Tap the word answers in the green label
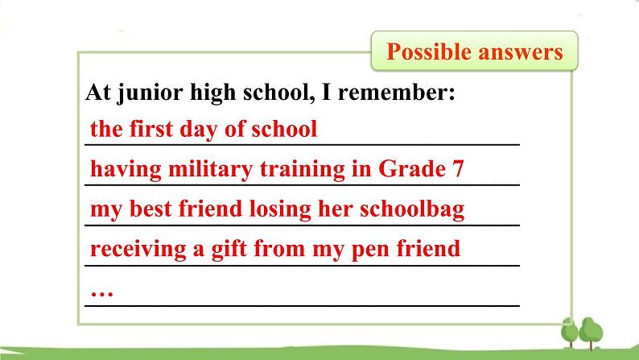521,52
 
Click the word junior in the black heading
150,93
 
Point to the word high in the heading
212,93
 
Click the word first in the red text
151,129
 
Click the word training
303,170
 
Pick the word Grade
412,168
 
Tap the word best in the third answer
150,209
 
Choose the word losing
280,209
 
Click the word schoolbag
412,209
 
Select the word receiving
138,249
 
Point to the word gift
229,249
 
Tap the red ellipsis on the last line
102,293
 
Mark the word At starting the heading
98,92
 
